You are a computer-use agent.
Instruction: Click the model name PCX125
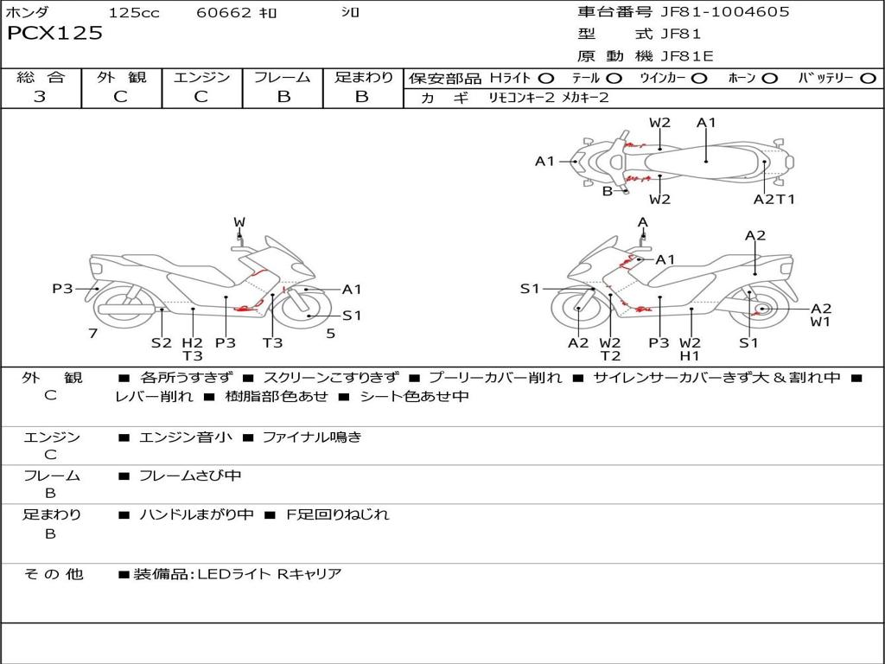pos(54,33)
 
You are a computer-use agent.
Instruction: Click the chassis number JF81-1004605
pos(725,11)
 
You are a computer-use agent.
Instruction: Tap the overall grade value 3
pos(40,96)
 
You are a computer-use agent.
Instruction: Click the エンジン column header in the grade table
pos(201,77)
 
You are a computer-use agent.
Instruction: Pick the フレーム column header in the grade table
pos(283,77)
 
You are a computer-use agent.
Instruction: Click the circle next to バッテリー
pos(868,79)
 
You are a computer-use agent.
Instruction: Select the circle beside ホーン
pos(769,79)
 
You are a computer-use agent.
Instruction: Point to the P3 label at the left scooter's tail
pos(62,289)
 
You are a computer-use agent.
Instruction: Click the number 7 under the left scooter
pos(93,334)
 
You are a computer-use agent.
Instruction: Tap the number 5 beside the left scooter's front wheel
pos(331,334)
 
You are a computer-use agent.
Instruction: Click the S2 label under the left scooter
pos(162,342)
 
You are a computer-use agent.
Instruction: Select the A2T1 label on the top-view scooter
pos(774,200)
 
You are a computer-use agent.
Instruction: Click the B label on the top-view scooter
pos(608,191)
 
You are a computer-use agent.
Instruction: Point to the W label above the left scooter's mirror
pos(239,222)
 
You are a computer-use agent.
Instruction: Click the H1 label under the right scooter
pos(690,355)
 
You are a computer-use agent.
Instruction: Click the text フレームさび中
pos(190,476)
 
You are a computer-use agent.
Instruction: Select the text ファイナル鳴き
pos(312,437)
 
